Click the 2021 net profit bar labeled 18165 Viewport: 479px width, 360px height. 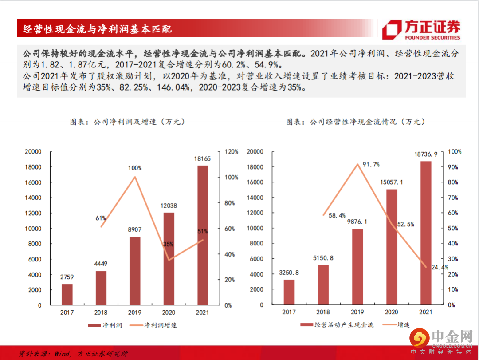coord(202,235)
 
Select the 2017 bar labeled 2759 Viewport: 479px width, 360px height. coord(67,294)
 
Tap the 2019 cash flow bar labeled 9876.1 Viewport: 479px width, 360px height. coord(357,267)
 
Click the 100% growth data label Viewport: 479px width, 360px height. coord(135,168)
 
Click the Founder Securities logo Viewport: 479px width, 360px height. coord(421,30)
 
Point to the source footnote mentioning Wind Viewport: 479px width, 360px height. coord(73,354)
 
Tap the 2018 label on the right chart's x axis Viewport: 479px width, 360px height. coord(323,313)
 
